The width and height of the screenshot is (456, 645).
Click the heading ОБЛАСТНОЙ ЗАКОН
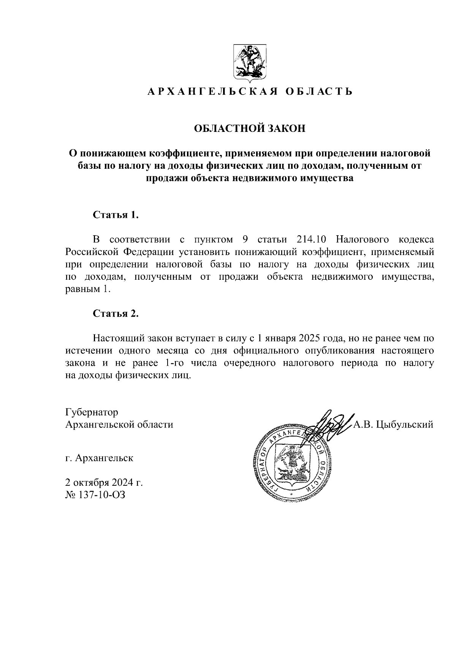[250, 129]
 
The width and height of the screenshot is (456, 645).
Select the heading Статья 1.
[116, 215]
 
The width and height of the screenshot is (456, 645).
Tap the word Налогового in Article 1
[363, 239]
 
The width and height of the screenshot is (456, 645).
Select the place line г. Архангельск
[99, 458]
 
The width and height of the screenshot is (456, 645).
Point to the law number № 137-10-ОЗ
[95, 495]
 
